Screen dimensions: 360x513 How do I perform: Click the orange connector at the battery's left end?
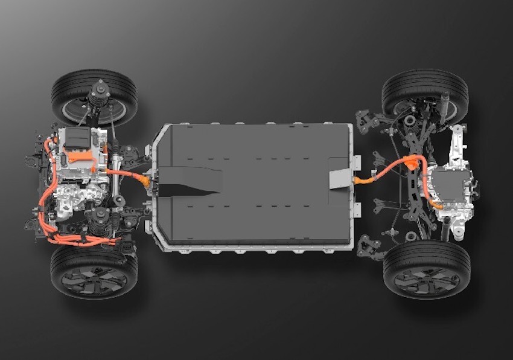[x=145, y=179]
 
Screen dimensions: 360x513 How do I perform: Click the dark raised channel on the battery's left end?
[x=187, y=181]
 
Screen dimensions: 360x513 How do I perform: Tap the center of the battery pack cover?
[x=253, y=184]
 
